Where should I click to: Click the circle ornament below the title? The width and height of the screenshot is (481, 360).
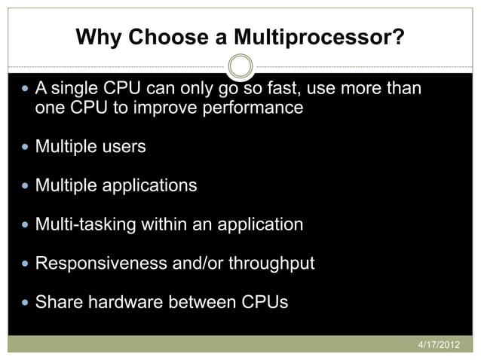point(240,66)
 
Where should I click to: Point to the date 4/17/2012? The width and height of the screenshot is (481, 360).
point(438,344)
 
